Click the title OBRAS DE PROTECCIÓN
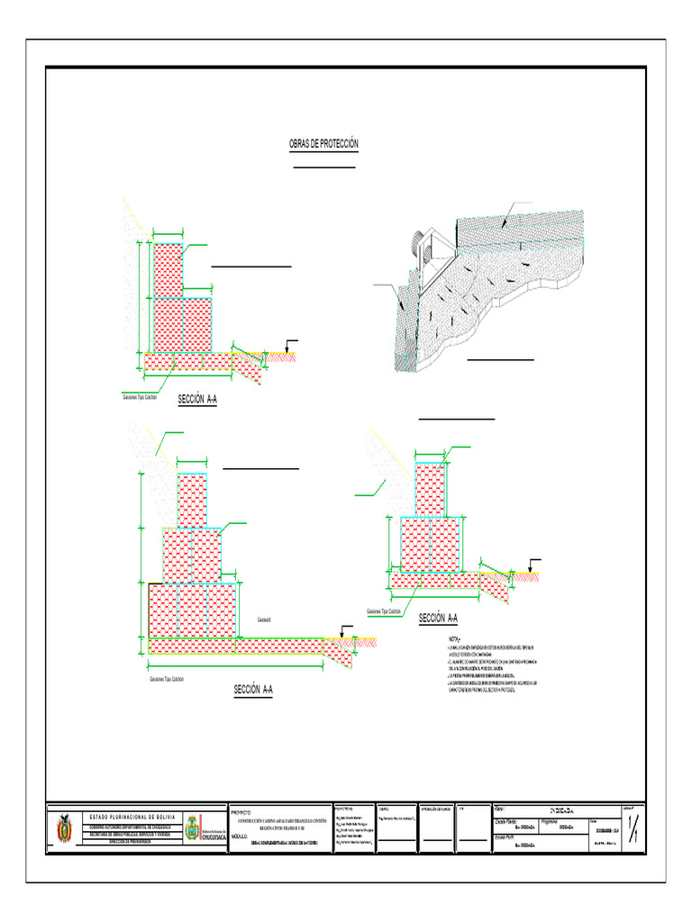click(323, 144)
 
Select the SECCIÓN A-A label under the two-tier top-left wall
click(197, 399)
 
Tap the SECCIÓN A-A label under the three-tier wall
click(252, 690)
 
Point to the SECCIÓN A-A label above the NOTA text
click(439, 618)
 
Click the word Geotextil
click(265, 620)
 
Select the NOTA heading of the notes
click(442, 638)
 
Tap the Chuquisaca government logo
click(193, 828)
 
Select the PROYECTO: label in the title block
click(241, 811)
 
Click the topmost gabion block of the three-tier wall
click(191, 501)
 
